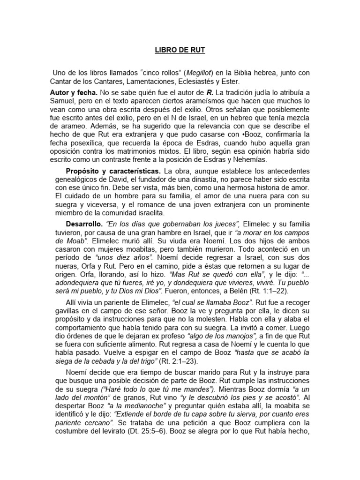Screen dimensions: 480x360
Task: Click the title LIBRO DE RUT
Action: coord(180,49)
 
